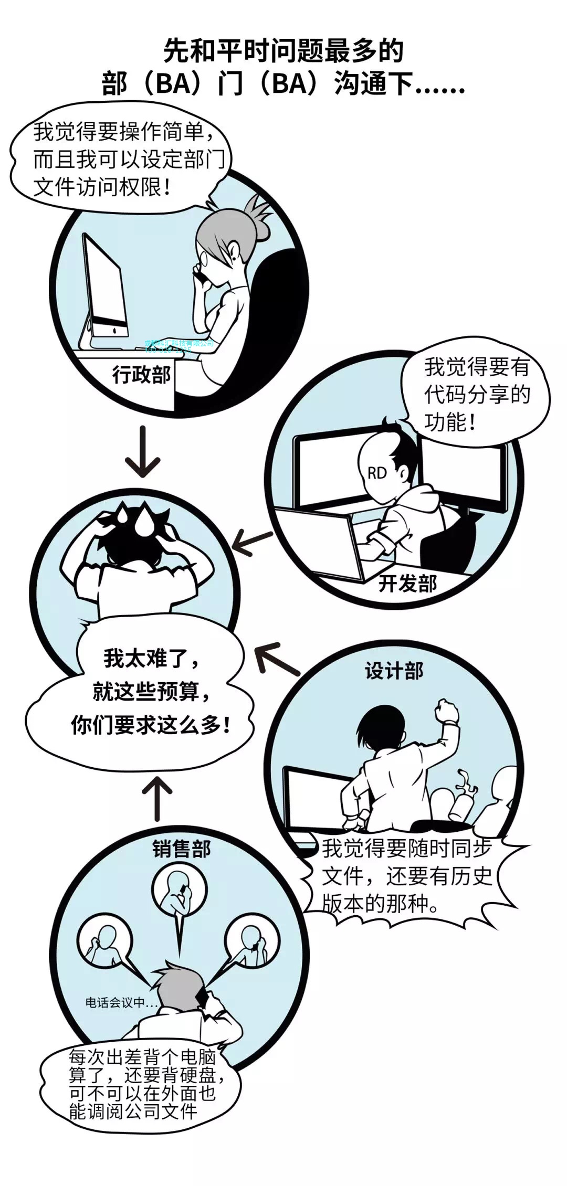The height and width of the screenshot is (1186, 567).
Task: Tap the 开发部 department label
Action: [407, 583]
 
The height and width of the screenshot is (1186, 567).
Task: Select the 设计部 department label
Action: [394, 671]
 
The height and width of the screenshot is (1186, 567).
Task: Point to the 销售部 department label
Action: [182, 849]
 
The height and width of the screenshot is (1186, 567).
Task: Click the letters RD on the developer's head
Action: [377, 473]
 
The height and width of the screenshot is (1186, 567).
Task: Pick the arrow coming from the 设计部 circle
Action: [276, 659]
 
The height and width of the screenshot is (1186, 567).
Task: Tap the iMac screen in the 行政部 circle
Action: [105, 286]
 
